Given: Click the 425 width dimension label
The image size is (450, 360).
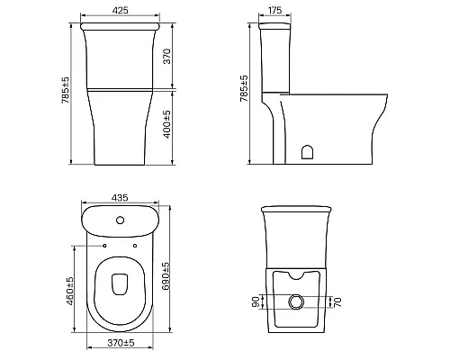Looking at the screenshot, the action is tap(120, 10).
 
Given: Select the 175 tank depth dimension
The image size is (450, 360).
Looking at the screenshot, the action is tap(274, 10).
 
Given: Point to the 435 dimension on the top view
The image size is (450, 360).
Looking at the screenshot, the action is tap(120, 198).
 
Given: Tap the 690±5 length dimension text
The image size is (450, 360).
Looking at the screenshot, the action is tap(166, 276).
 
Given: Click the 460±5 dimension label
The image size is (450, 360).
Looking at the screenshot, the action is tap(69, 291).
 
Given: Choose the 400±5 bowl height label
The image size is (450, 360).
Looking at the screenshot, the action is tap(167, 124).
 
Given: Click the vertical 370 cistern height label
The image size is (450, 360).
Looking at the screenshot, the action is tap(167, 56).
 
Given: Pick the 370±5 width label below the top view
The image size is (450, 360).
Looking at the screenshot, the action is tap(121, 343).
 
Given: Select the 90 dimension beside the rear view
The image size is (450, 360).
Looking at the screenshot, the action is tap(256, 301).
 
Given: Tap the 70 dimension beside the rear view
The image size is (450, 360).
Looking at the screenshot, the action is tap(337, 302).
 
